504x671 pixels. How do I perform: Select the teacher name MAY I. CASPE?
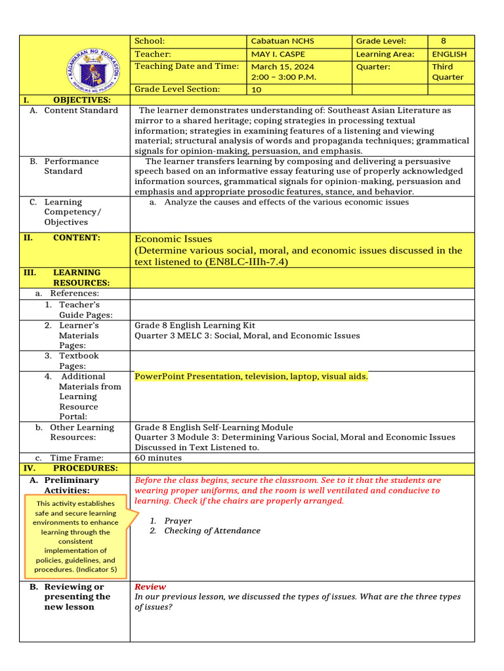(278, 54)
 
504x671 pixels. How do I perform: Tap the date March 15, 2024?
(282, 67)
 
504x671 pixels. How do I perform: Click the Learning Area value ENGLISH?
(450, 54)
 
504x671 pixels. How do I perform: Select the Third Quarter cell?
(448, 72)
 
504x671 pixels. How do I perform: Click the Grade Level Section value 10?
(257, 90)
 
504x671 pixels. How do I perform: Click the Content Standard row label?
(81, 110)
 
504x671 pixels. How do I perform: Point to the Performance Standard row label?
(71, 166)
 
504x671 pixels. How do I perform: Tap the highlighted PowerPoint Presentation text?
(251, 377)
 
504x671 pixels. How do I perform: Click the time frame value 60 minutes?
(158, 458)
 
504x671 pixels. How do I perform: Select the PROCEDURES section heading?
(85, 469)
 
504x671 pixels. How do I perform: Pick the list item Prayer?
(178, 520)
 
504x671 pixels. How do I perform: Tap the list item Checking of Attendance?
(212, 531)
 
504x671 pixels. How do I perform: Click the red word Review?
(150, 587)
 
